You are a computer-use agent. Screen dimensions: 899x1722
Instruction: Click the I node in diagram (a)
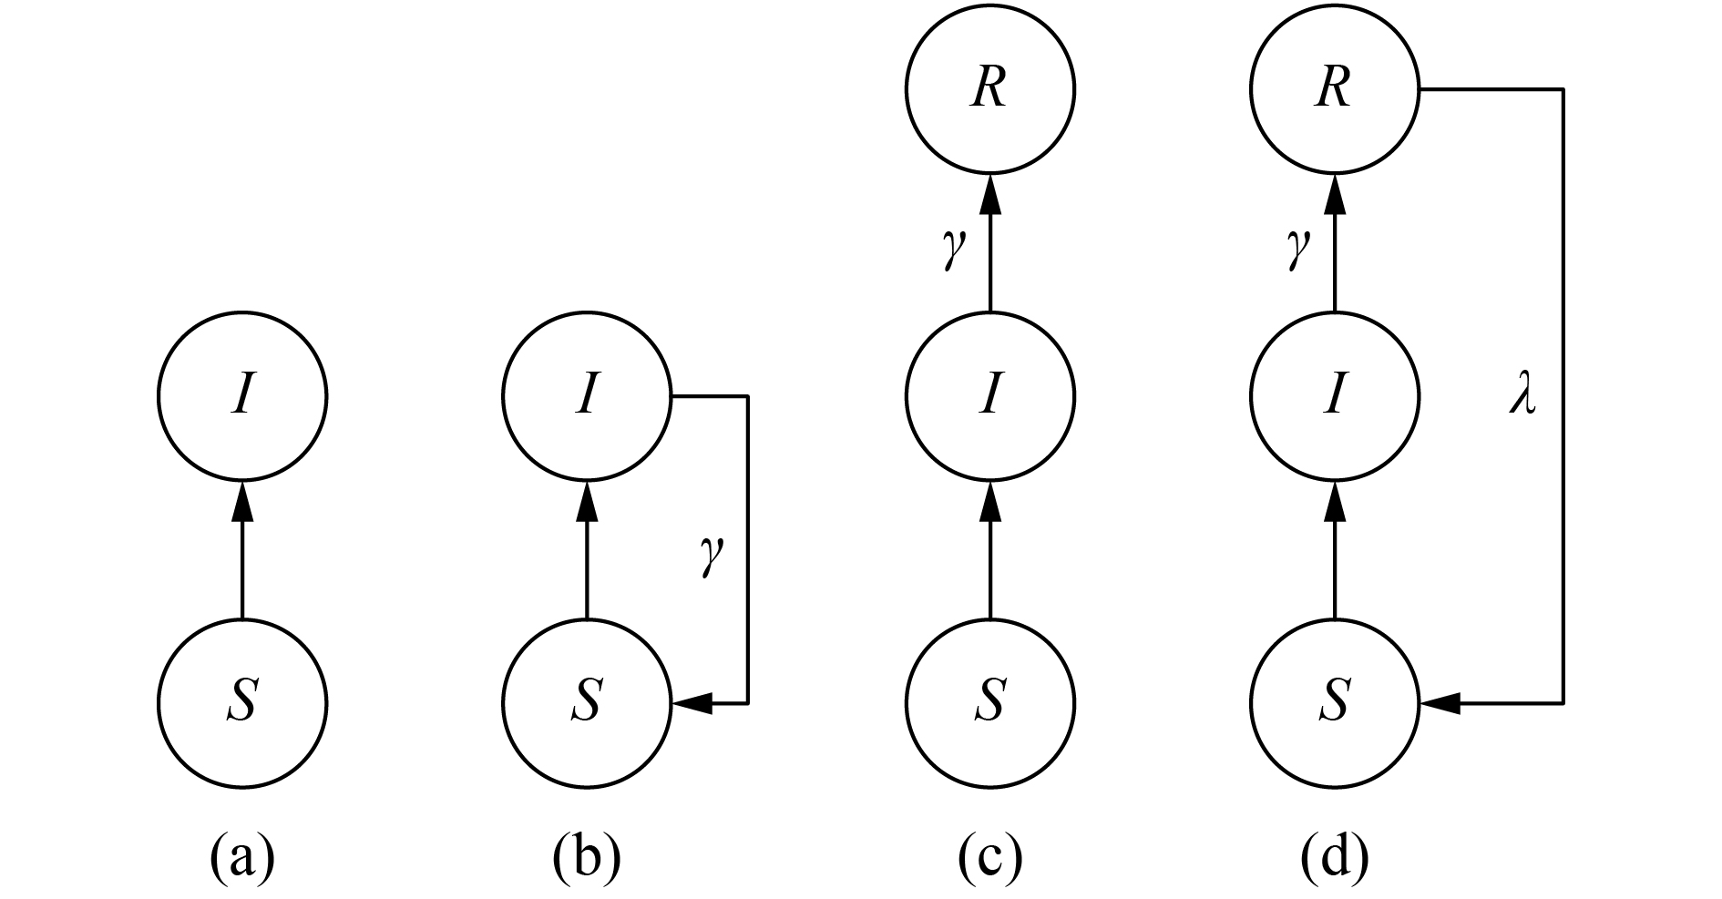click(241, 396)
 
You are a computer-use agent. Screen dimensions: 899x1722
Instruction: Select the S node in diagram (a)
click(241, 702)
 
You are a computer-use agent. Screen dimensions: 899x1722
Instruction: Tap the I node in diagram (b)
click(586, 396)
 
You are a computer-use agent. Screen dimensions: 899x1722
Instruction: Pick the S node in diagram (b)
click(586, 702)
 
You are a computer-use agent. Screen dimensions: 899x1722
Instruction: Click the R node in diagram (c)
click(990, 89)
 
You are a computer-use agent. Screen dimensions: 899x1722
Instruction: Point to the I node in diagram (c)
click(990, 396)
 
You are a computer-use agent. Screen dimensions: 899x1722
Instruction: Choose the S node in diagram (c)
click(990, 702)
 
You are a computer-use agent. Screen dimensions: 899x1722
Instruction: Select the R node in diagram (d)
click(1335, 89)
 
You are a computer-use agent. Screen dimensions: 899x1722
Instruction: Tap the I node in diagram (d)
click(1335, 396)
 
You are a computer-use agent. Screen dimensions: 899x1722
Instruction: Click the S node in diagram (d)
click(1335, 702)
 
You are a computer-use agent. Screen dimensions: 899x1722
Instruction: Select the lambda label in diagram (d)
click(1522, 398)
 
